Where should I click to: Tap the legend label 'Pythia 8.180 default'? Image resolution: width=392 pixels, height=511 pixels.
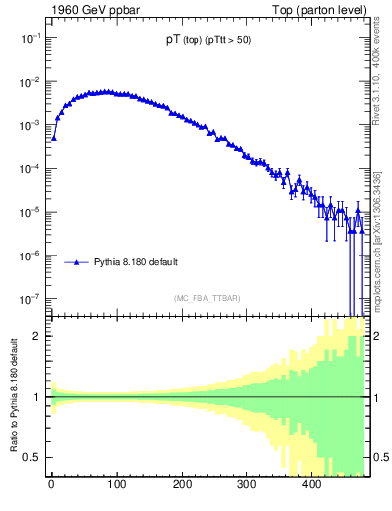pyautogui.click(x=136, y=262)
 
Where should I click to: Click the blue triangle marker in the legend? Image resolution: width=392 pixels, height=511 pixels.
pyautogui.click(x=78, y=262)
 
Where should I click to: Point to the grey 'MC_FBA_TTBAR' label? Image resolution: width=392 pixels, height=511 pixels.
pyautogui.click(x=207, y=298)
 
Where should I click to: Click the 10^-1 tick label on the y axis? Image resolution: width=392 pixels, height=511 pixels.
pyautogui.click(x=30, y=37)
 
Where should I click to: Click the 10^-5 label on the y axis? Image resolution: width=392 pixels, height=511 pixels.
pyautogui.click(x=30, y=212)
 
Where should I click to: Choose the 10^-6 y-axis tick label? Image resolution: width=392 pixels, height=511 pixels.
pyautogui.click(x=30, y=255)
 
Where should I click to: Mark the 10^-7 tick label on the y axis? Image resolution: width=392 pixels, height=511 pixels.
pyautogui.click(x=30, y=298)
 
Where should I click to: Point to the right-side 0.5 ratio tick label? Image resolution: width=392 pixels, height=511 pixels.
pyautogui.click(x=379, y=457)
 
